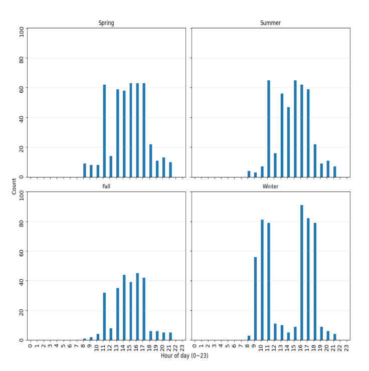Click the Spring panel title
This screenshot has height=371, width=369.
[106, 23]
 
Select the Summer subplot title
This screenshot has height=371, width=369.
[270, 23]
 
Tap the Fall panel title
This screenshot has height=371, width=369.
[106, 187]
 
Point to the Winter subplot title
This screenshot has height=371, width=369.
[270, 187]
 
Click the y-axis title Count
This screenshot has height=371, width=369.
[14, 187]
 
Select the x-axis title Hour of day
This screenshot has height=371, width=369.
[184, 355]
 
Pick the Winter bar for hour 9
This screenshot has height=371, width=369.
[255, 298]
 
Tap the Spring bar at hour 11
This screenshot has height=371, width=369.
[104, 131]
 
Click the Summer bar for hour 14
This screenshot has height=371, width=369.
[288, 142]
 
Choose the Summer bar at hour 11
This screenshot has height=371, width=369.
[269, 129]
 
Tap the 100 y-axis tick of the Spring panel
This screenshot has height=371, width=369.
[21, 32]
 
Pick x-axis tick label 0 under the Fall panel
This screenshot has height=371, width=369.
[30, 346]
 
